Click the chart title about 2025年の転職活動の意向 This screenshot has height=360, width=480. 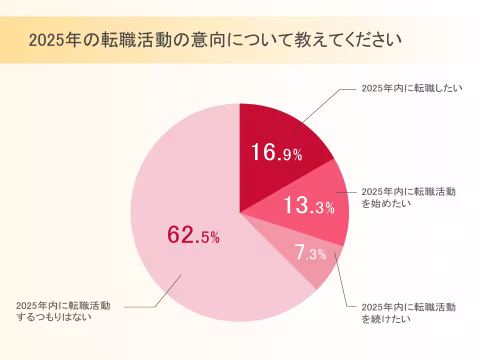(x=215, y=40)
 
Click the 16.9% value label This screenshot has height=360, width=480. (x=276, y=152)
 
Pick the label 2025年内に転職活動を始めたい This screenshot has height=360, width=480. (x=408, y=197)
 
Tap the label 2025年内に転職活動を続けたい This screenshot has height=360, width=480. (x=408, y=312)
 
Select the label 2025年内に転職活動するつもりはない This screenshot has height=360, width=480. (x=62, y=311)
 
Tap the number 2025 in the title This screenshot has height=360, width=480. (x=42, y=40)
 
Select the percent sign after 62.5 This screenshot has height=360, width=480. (x=214, y=238)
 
